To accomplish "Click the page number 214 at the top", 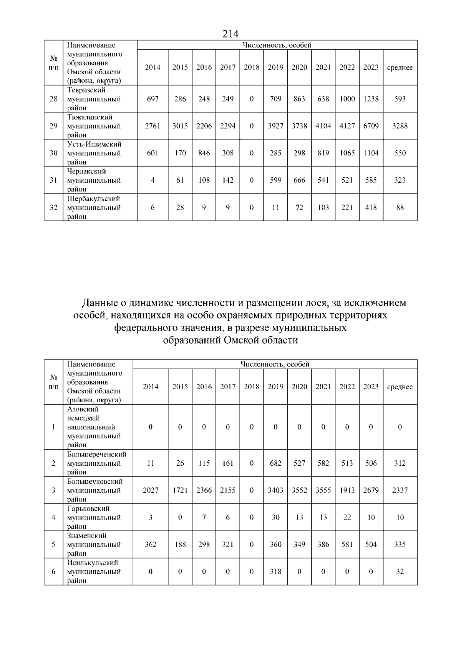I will point(230,34).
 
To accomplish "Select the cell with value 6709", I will point(371,126).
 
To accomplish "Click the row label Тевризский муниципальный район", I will point(94,99).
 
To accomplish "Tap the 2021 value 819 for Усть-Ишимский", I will point(323,153).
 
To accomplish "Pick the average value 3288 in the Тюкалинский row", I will point(400,126).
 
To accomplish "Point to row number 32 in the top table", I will point(53,207).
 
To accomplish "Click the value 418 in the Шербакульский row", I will point(371,207).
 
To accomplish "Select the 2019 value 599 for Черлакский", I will point(275,180).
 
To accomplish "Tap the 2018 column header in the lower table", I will point(252,387).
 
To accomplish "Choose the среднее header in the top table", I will point(400,67).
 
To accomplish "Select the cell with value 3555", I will point(323,490).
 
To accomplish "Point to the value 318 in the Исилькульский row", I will point(275,571).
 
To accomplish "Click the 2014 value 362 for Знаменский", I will point(151,545).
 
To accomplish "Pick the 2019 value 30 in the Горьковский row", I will point(275,517).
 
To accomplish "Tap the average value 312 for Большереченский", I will point(400,463).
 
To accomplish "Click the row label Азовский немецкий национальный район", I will point(94,427).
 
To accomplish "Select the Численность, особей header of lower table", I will point(275,364).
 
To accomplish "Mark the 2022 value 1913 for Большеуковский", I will point(347,490).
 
